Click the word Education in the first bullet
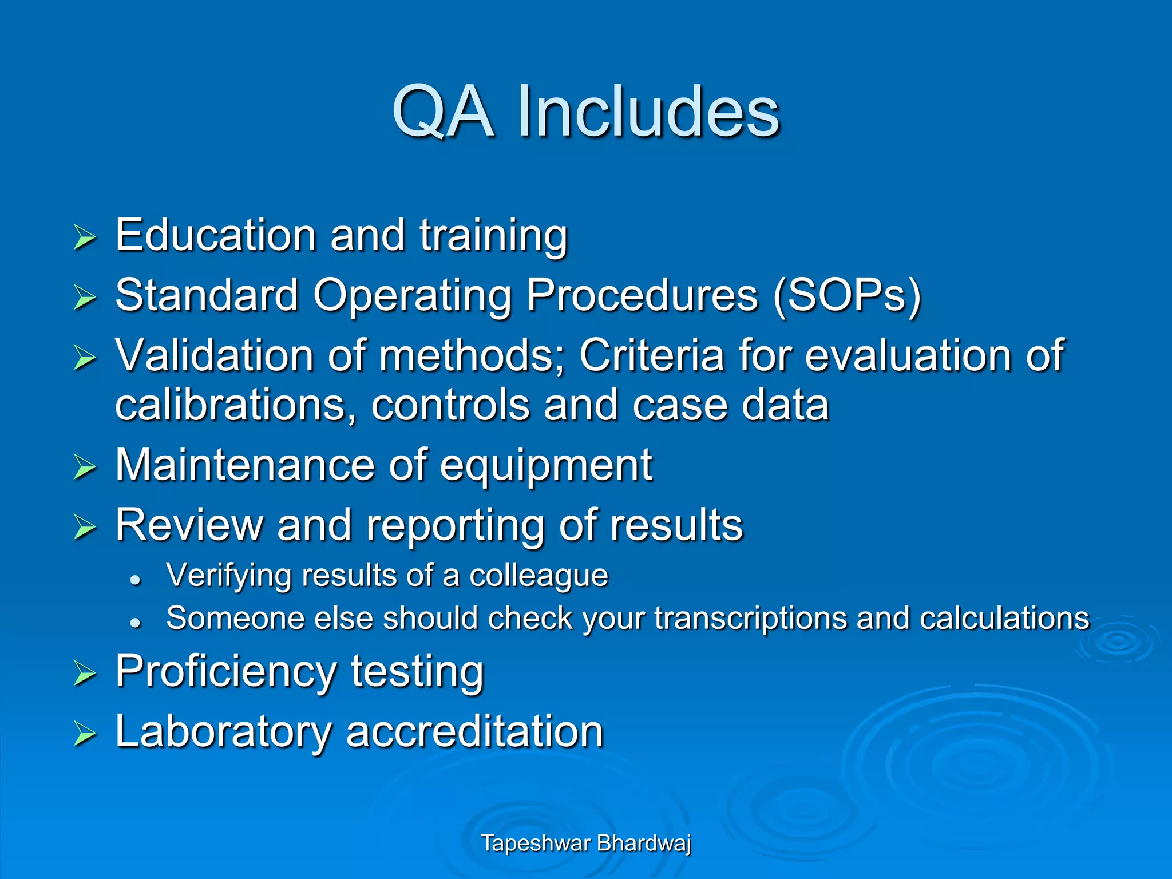tap(215, 235)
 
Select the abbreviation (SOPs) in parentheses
tap(847, 295)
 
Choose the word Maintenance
tap(244, 465)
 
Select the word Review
tap(188, 525)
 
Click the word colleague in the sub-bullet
tap(539, 576)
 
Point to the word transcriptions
tap(750, 619)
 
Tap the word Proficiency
tap(225, 672)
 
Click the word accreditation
tap(474, 731)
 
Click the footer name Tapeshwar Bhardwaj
tap(586, 843)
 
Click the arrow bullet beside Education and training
tap(85, 237)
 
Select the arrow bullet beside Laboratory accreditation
tap(85, 734)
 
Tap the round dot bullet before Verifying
tap(136, 580)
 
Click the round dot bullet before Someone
tap(136, 623)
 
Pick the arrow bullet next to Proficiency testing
tap(85, 674)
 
